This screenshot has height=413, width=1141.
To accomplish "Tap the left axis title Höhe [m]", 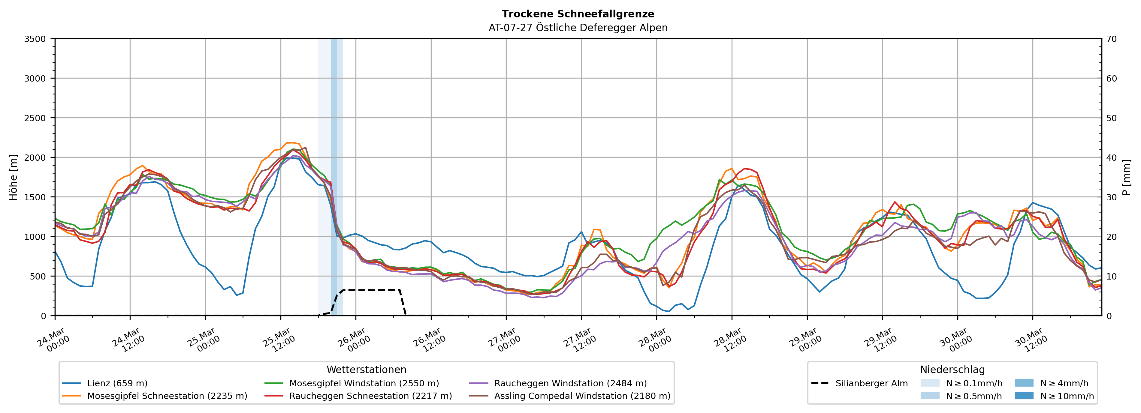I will coord(14,177).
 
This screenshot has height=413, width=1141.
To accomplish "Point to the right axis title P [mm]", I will coord(1126,177).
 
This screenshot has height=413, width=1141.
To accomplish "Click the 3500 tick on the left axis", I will coord(35,39).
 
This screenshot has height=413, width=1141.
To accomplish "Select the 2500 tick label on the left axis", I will coord(35,118).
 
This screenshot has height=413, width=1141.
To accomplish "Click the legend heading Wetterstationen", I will coord(366,370).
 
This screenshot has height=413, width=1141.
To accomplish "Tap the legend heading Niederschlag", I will coord(952,370).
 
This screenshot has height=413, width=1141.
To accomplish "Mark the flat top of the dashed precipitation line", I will coord(372,290).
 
